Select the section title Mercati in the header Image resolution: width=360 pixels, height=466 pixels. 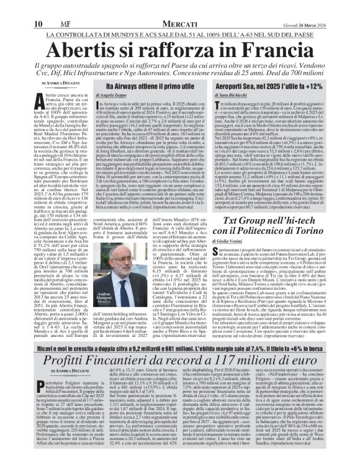(179, 7)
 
